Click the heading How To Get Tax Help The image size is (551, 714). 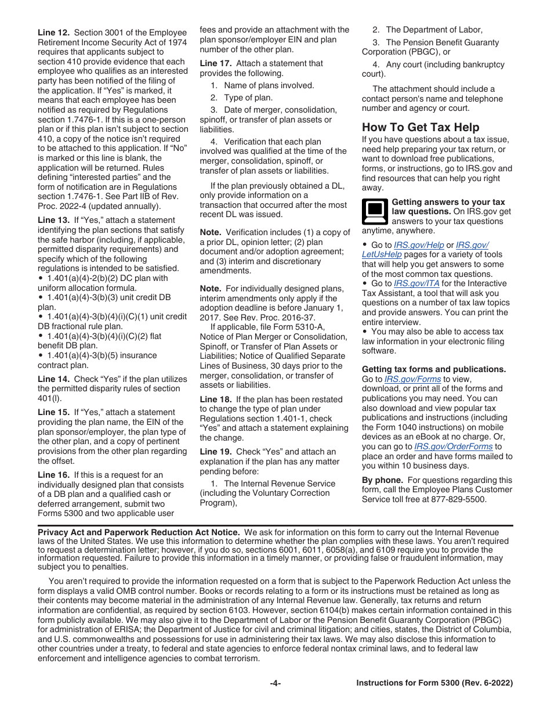(420, 127)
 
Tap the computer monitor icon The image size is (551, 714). (375, 211)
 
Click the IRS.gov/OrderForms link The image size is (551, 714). (453, 446)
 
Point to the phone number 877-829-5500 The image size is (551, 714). (459, 499)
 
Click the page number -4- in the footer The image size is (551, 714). (275, 683)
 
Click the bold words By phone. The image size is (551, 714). (382, 480)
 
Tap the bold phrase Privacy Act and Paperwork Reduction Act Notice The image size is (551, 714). (139, 532)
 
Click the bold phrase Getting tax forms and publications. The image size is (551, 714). (433, 369)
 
